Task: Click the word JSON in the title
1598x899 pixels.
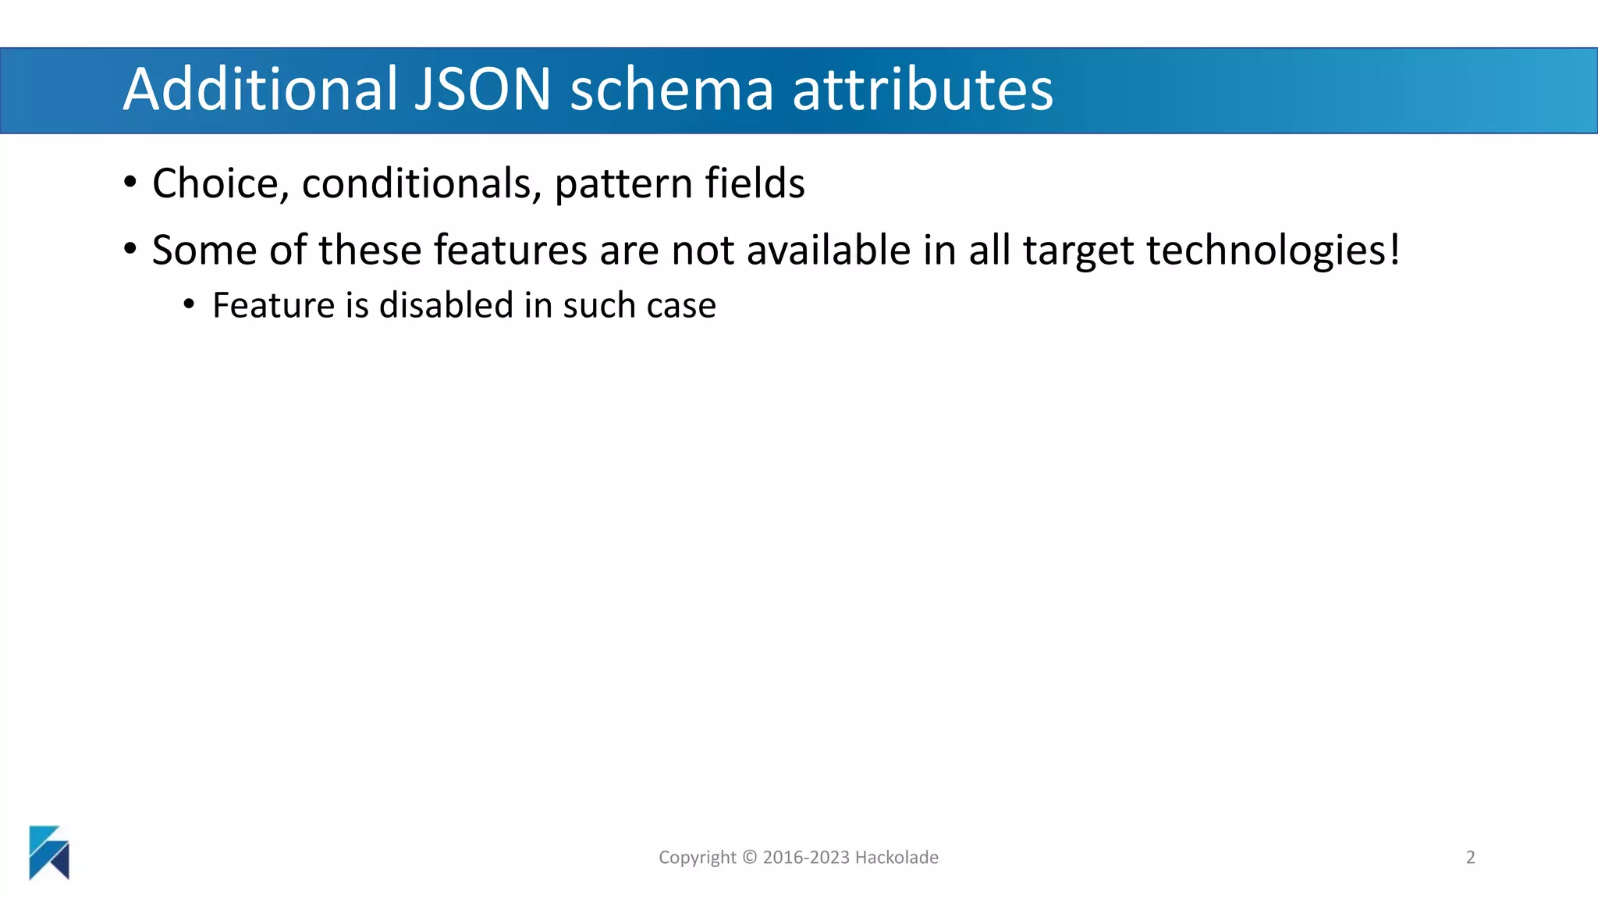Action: click(x=482, y=89)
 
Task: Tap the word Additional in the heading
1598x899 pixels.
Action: click(x=261, y=89)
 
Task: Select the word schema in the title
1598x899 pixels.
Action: click(x=672, y=89)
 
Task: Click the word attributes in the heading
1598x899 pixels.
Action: click(x=922, y=89)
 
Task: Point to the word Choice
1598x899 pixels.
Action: click(x=215, y=184)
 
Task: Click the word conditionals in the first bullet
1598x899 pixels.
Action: click(x=421, y=184)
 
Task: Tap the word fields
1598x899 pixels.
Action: click(x=755, y=183)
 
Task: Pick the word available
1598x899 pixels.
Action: click(x=829, y=251)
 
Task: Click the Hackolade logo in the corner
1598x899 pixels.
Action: click(x=49, y=852)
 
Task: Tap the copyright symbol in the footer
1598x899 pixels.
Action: click(x=750, y=857)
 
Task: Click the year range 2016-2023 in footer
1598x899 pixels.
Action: click(x=806, y=857)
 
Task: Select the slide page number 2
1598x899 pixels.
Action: click(x=1470, y=857)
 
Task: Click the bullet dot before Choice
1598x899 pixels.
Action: click(x=130, y=183)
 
